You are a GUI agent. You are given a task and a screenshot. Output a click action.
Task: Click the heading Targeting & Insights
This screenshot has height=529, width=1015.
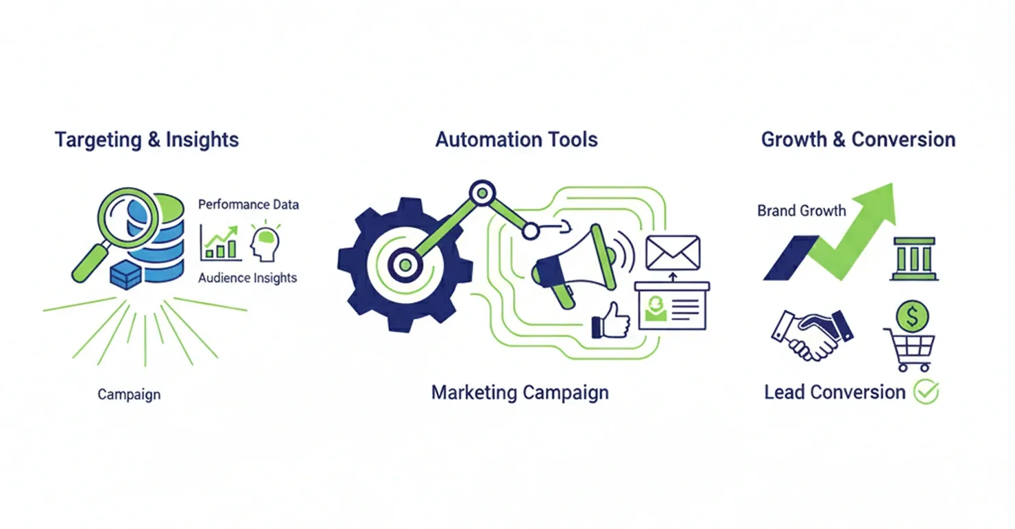pyautogui.click(x=147, y=140)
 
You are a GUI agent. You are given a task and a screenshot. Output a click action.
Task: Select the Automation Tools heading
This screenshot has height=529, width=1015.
pyautogui.click(x=516, y=140)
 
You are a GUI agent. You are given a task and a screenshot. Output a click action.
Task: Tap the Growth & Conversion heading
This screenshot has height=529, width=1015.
pyautogui.click(x=858, y=140)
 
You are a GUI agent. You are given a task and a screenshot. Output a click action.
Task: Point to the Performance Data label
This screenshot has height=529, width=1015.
pyautogui.click(x=248, y=204)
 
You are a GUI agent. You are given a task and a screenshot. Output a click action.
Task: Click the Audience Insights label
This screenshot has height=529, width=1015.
pyautogui.click(x=248, y=278)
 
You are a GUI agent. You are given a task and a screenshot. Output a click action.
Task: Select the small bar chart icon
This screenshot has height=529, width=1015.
pyautogui.click(x=220, y=243)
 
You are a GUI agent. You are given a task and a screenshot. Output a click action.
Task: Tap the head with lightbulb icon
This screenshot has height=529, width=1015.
pyautogui.click(x=265, y=243)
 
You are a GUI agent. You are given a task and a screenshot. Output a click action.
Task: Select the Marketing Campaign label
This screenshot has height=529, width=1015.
pyautogui.click(x=520, y=393)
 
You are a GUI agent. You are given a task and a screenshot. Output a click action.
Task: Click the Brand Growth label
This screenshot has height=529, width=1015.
pyautogui.click(x=802, y=210)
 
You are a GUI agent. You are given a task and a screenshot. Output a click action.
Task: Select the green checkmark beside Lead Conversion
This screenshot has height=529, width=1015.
pyautogui.click(x=927, y=392)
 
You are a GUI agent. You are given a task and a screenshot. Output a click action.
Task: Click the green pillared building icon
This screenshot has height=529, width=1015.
pyautogui.click(x=914, y=259)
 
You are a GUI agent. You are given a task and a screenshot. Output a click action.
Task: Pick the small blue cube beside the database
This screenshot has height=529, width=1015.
pyautogui.click(x=125, y=274)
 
